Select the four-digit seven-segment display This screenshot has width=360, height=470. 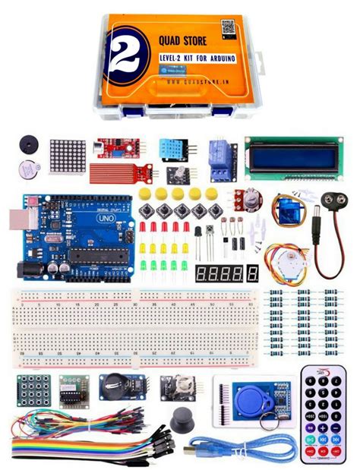pyautogui.click(x=226, y=273)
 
